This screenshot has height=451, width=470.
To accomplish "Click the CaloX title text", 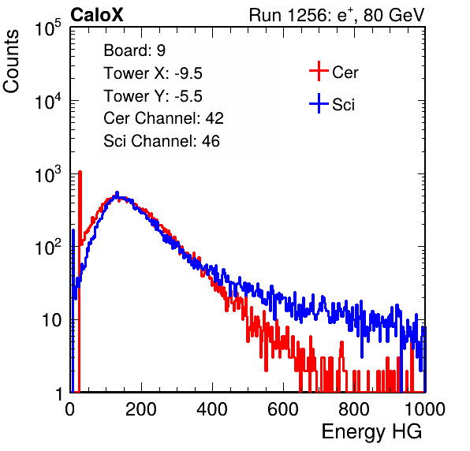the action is click(97, 15).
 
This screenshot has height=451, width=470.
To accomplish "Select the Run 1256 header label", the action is click(337, 15).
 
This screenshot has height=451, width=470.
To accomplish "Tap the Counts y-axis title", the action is click(11, 61).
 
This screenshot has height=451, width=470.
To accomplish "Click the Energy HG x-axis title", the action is click(371, 432).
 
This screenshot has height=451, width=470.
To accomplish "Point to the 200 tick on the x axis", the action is click(141, 409).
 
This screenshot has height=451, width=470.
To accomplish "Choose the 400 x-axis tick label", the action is click(212, 409).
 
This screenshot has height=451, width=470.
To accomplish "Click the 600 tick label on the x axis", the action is click(283, 409).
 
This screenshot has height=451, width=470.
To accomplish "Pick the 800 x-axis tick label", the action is click(354, 409).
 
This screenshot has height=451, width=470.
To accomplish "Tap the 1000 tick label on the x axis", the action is click(425, 409).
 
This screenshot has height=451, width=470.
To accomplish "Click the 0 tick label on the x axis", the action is click(69, 409).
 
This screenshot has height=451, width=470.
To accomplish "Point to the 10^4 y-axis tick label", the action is click(48, 101).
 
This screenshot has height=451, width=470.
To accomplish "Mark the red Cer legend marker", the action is click(319, 71).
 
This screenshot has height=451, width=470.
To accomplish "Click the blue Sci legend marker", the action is click(319, 103).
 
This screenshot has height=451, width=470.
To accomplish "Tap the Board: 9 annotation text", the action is click(135, 50).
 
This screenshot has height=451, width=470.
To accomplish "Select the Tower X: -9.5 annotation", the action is click(153, 73).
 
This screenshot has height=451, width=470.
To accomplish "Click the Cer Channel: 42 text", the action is click(164, 118).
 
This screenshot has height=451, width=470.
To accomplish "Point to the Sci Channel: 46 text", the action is click(162, 141).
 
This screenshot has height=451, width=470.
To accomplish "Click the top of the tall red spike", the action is click(80, 172).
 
